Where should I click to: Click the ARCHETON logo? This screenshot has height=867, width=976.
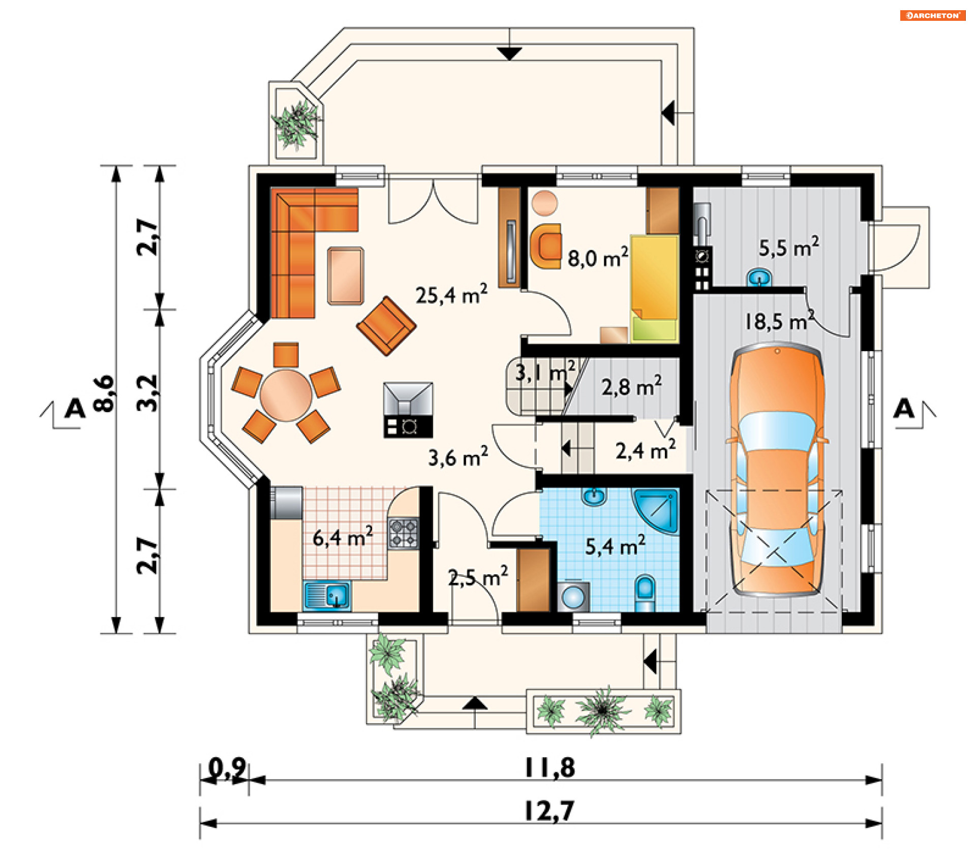[x=932, y=16]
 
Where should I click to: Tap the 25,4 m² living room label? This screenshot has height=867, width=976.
[x=451, y=294]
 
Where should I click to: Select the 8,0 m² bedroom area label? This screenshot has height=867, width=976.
[x=598, y=258]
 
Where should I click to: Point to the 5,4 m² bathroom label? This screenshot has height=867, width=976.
[x=615, y=546]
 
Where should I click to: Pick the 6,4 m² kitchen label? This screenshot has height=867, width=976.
[x=343, y=537]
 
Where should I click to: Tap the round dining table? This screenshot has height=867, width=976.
[x=286, y=395]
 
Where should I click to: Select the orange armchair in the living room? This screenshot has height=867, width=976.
[x=387, y=326]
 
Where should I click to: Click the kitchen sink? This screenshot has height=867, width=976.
[x=327, y=596]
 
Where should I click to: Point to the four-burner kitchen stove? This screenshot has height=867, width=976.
[x=404, y=533]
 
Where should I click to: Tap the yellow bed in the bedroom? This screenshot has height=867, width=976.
[x=655, y=288]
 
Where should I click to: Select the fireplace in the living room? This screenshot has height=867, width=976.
[x=408, y=410]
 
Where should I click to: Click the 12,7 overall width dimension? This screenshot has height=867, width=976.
[x=549, y=811]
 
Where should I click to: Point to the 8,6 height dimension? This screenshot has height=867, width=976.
[x=104, y=393]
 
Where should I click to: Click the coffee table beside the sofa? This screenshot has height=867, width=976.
[x=346, y=276]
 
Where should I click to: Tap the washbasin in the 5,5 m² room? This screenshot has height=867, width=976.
[x=759, y=277]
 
